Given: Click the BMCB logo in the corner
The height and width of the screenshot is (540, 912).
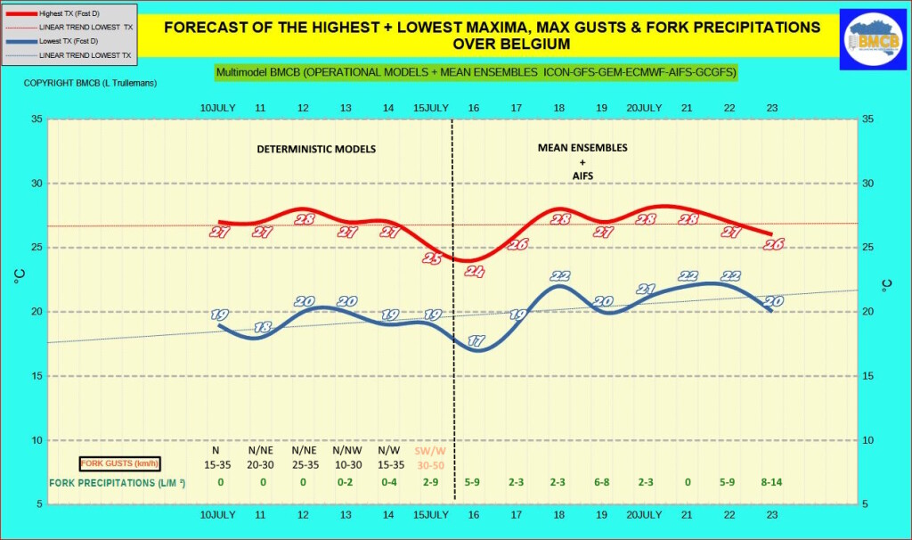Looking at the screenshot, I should coord(874,40).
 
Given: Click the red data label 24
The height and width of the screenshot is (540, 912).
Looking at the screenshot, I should coord(474,272).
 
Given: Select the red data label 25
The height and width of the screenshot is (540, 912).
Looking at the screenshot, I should coord(432,258).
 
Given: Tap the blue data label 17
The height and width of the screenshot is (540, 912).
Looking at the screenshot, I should coord(476,340).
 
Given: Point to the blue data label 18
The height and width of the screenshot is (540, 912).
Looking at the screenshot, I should coord(262,327).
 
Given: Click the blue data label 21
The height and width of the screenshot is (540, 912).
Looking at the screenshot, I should coord(646,289).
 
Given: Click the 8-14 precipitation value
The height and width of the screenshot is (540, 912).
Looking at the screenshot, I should coord(772,482).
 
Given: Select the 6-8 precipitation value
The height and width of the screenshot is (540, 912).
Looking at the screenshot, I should coord(602,482).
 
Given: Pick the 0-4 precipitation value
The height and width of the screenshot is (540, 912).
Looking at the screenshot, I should coord(388,482).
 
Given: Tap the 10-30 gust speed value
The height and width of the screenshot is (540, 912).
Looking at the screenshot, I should coord(346,464).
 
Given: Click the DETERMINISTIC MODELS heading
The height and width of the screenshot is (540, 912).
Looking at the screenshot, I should coord(316,149).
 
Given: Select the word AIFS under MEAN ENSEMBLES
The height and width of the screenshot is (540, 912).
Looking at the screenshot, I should coord(582,176).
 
